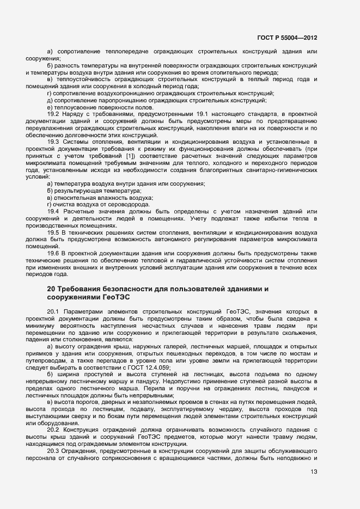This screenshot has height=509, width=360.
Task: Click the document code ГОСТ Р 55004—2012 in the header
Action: [x=287, y=38]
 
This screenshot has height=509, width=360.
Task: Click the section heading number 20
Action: [x=51, y=288]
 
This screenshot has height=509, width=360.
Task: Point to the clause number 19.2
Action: [x=53, y=115]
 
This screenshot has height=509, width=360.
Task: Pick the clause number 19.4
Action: [x=53, y=211]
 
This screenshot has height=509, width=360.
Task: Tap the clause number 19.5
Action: [x=53, y=232]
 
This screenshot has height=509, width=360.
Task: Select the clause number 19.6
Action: [x=53, y=254]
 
